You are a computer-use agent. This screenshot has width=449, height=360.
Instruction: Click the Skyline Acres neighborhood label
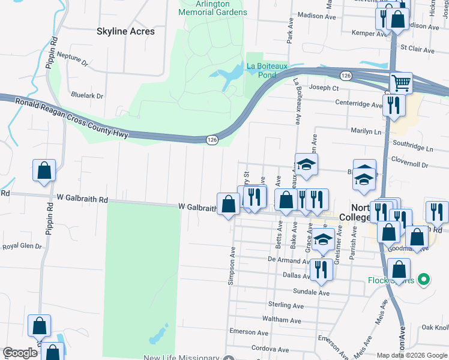(x=126, y=31)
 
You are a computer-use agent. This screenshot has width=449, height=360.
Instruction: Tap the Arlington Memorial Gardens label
(x=212, y=8)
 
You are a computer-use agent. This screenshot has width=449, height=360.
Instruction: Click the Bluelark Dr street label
(x=87, y=95)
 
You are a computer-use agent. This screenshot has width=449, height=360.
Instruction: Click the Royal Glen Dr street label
(x=22, y=246)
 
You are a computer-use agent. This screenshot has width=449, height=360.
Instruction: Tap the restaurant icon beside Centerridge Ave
(x=394, y=104)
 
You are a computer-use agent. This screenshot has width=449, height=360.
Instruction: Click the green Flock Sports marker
(x=424, y=279)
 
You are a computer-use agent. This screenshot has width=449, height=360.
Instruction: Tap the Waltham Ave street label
(x=282, y=320)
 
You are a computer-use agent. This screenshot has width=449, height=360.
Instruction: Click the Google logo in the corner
(x=20, y=353)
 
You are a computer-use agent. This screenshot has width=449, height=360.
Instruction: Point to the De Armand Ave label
(x=288, y=260)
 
